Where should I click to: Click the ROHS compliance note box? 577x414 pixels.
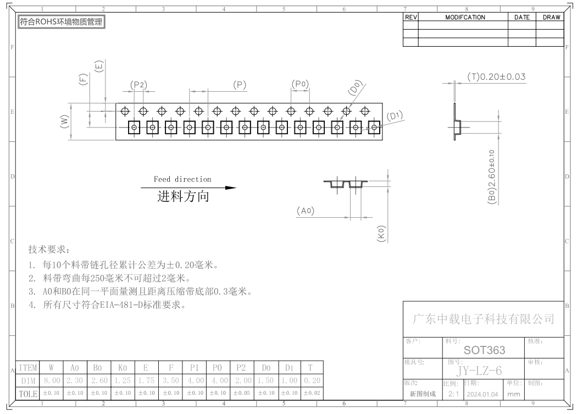coord(62,22)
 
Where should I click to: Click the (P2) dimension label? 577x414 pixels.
coord(138,85)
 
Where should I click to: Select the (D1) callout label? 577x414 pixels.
coord(395,116)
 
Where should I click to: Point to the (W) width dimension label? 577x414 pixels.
coord(64,122)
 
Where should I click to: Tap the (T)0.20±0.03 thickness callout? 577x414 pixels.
coord(496,76)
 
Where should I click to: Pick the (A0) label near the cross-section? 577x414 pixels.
coord(306,211)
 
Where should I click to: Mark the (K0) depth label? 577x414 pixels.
coord(381,234)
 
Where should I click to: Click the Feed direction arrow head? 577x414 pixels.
coord(231,188)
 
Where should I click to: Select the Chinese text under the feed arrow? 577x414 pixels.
coord(183,197)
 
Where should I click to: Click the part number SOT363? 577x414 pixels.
coord(484,350)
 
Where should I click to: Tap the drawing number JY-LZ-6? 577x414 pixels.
coord(479,371)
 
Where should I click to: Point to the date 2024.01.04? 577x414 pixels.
coord(482,394)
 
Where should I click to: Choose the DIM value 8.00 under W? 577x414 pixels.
coord(52,380)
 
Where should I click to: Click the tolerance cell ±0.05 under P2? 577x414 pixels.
coord(241,393)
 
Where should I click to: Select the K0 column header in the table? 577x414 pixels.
coord(123,368)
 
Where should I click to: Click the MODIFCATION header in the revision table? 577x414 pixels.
coord(465,17)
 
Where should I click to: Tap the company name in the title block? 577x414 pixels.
coord(484,319)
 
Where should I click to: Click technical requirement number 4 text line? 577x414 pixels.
coord(107,305)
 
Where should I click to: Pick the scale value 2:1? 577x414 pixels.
coord(454,394)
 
